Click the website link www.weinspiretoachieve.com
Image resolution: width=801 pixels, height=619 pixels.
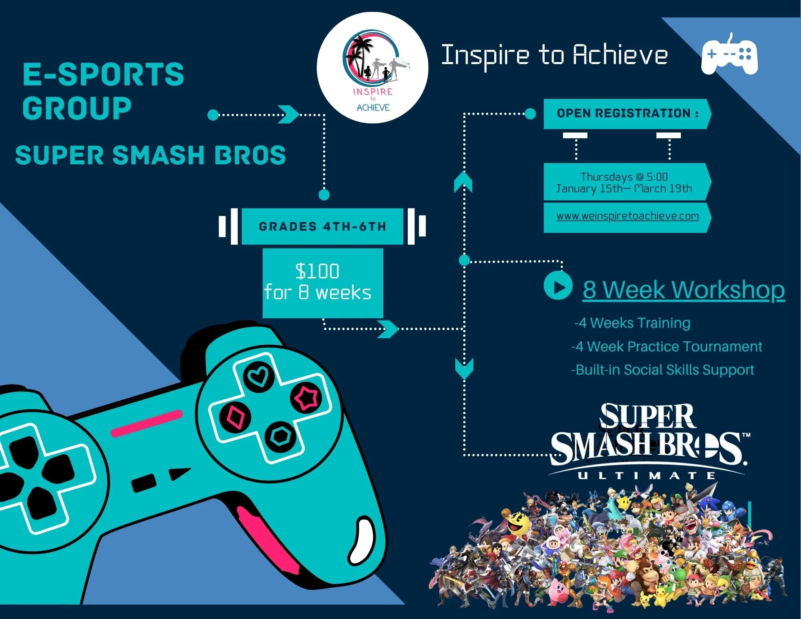(x=627, y=216)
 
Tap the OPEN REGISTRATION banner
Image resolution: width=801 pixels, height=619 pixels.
(x=627, y=113)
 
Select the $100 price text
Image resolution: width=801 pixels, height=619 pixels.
(x=317, y=271)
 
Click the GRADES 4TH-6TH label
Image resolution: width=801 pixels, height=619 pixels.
(x=322, y=227)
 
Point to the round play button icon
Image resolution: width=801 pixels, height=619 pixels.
(x=557, y=286)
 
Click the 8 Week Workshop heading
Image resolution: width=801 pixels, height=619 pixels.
(x=683, y=289)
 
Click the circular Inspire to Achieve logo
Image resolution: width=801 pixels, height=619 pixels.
(x=372, y=68)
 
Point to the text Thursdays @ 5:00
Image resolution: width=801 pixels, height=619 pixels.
(x=624, y=177)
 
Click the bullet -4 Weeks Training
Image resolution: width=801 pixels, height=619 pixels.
(x=632, y=323)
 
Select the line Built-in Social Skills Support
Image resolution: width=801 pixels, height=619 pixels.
(x=663, y=370)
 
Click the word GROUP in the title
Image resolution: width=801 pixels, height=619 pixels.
(x=77, y=108)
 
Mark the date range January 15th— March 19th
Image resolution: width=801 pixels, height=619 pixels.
(x=624, y=189)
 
